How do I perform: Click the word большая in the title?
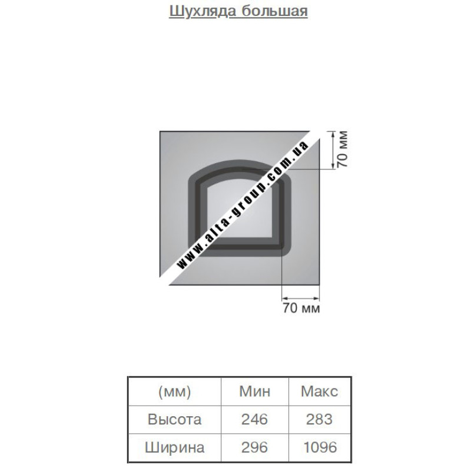[x=274, y=11]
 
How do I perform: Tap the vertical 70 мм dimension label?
[x=342, y=150]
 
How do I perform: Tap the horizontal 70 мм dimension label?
[x=301, y=308]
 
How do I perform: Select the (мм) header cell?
[x=174, y=392]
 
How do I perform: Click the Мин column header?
[x=255, y=392]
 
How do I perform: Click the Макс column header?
[x=319, y=392]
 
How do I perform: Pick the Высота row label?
[x=174, y=419]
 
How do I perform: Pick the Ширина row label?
[x=174, y=447]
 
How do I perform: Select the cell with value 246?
[x=254, y=419]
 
